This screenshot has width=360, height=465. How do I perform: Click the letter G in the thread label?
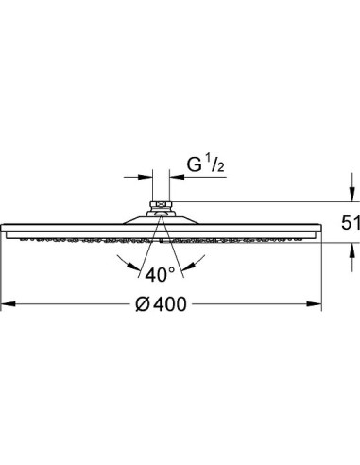(195, 164)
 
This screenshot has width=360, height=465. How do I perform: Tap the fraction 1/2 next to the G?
(215, 164)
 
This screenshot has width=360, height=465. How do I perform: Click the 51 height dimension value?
(351, 223)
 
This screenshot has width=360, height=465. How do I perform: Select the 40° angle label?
(160, 274)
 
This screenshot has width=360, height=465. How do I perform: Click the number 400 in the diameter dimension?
(171, 304)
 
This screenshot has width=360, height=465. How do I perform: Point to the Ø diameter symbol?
(144, 304)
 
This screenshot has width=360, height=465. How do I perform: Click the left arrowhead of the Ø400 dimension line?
(8, 304)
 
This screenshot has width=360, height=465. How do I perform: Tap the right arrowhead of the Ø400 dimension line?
(315, 304)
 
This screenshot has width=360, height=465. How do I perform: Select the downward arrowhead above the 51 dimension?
(351, 194)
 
